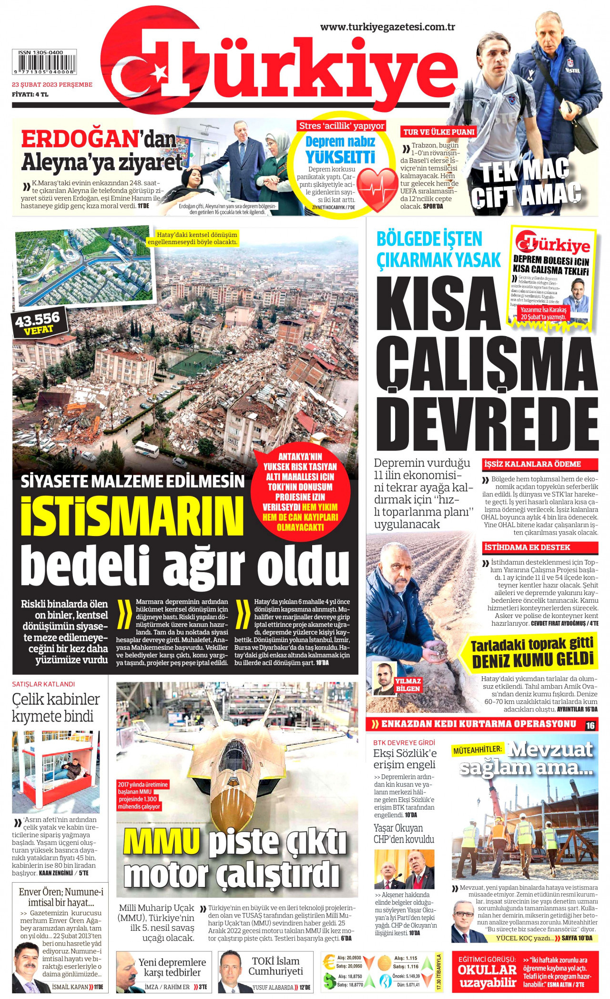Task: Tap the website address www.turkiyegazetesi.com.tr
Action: [x=387, y=27]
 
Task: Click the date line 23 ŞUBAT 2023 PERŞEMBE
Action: [x=52, y=85]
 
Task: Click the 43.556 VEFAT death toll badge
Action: [x=38, y=323]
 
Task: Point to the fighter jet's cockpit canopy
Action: [x=238, y=750]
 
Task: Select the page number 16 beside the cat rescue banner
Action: [x=590, y=725]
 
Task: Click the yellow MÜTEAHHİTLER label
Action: [x=478, y=750]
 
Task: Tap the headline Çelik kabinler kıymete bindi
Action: [x=56, y=708]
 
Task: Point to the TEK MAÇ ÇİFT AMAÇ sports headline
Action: [x=526, y=183]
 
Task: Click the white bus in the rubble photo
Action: [x=146, y=449]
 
